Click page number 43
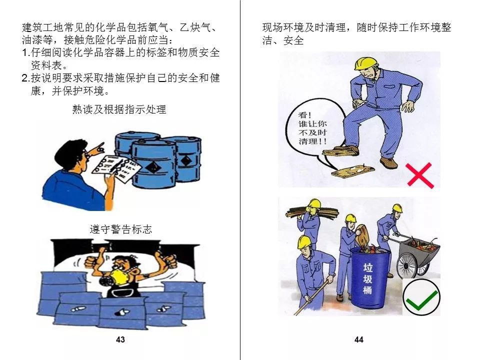(120, 339)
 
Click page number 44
(359, 339)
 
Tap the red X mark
(420, 175)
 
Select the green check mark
(421, 297)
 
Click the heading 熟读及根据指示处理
(119, 109)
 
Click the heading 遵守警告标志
(121, 229)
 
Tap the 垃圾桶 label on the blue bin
(367, 278)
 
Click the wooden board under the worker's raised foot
(340, 152)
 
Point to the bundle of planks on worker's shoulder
(311, 211)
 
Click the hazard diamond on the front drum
(152, 167)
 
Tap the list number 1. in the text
(26, 52)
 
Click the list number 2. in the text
(26, 78)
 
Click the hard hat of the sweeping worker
(304, 241)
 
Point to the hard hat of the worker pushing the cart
(397, 208)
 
